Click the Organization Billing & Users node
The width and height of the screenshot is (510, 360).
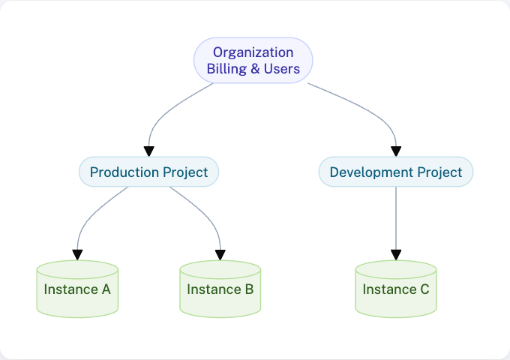pyautogui.click(x=253, y=60)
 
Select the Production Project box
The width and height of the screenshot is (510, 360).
pyautogui.click(x=148, y=172)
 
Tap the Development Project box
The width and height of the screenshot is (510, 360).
pyautogui.click(x=396, y=172)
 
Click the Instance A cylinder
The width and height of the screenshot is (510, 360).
pyautogui.click(x=77, y=289)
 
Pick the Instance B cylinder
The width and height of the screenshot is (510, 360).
pyautogui.click(x=220, y=289)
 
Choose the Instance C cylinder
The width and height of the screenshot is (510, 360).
pyautogui.click(x=396, y=289)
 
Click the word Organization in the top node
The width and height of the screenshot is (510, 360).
pyautogui.click(x=253, y=52)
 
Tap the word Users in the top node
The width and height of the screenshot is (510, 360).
pyautogui.click(x=282, y=69)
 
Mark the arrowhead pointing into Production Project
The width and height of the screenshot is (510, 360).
pyautogui.click(x=149, y=151)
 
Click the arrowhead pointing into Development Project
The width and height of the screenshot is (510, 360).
pyautogui.click(x=396, y=151)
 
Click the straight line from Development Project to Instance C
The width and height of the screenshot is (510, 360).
pyautogui.click(x=396, y=217)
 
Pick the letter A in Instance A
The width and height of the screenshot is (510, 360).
pyautogui.click(x=106, y=289)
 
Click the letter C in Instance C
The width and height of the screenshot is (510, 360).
pyautogui.click(x=424, y=289)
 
